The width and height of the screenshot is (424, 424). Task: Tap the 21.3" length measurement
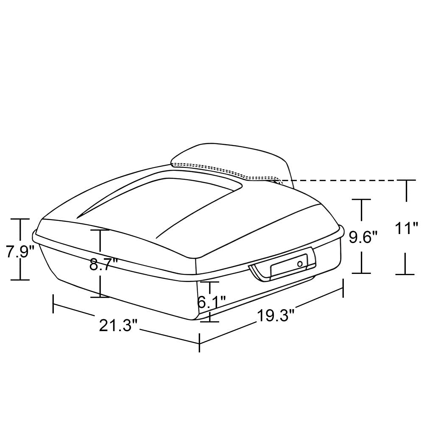point(118,325)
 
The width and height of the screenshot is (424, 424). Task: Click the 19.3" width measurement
point(276,316)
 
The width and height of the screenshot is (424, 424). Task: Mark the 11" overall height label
point(406,229)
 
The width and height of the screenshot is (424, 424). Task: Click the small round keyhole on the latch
point(300,264)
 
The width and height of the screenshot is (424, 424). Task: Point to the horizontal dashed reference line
point(339,180)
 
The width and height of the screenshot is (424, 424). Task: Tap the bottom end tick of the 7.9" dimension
point(20,280)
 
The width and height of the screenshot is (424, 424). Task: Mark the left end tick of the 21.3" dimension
point(53,304)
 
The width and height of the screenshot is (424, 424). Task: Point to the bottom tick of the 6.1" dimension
point(209,321)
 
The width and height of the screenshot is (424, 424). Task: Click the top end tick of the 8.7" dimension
point(100,229)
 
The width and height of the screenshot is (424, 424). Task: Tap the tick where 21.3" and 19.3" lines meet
point(200,342)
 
